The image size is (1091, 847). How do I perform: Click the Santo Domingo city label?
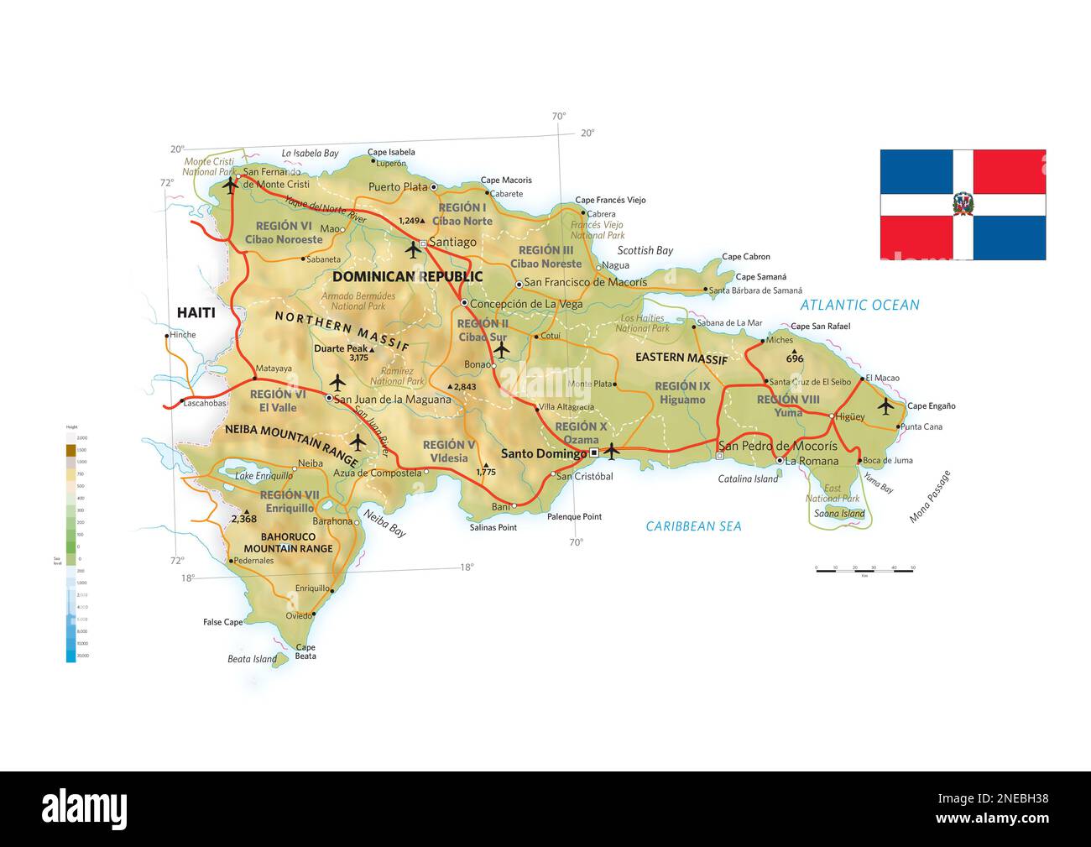543,453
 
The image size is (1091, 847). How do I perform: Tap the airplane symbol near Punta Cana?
885,406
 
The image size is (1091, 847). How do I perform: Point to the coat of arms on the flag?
962,205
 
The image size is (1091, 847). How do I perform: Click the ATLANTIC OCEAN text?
859,306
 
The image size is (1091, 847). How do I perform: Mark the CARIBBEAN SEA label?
693,526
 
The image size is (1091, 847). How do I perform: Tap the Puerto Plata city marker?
434,187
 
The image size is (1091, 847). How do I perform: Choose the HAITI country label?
196,313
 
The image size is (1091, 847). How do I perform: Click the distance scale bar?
864,570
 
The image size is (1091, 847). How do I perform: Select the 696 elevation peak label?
795,358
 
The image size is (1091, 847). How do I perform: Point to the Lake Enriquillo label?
264,477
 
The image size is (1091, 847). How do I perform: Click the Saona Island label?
839,514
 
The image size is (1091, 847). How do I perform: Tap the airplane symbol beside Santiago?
413,249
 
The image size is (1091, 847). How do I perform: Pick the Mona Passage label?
930,497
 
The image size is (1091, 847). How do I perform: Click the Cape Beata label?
305,651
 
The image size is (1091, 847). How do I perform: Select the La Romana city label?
812,461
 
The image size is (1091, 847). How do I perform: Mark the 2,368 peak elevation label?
243,519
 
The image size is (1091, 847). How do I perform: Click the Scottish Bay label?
645,251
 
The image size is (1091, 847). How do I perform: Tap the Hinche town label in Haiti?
182,335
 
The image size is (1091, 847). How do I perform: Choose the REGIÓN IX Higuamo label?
682,393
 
